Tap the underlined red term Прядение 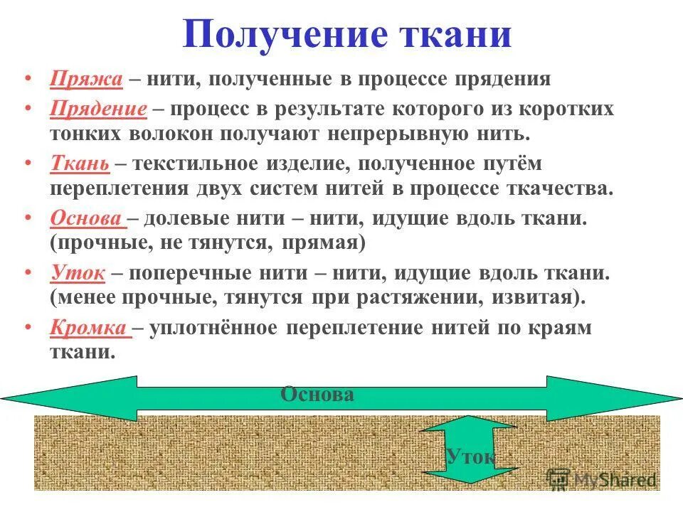pyautogui.click(x=98, y=110)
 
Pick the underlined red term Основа pyautogui.click(x=87, y=218)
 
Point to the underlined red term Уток pyautogui.click(x=78, y=272)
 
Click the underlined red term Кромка pyautogui.click(x=88, y=327)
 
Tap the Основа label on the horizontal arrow pyautogui.click(x=317, y=395)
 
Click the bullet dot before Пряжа pyautogui.click(x=28, y=77)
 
